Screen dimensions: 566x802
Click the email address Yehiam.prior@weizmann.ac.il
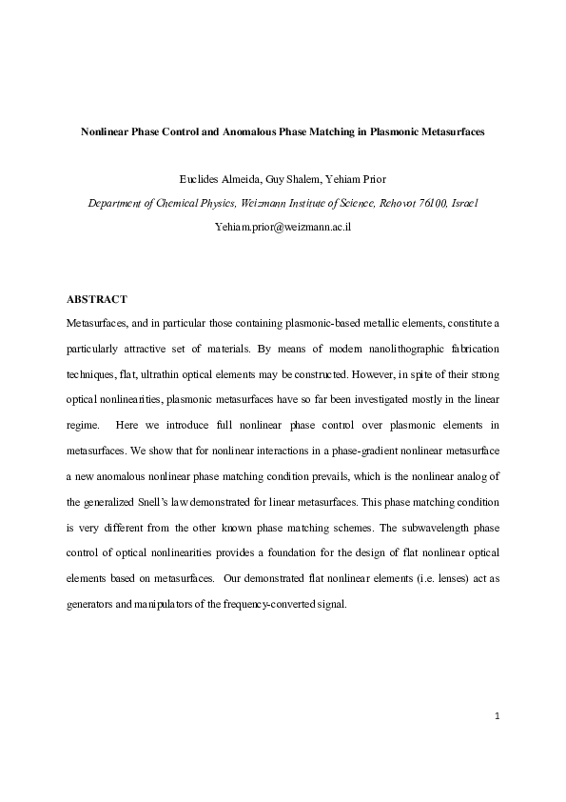pyautogui.click(x=283, y=228)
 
